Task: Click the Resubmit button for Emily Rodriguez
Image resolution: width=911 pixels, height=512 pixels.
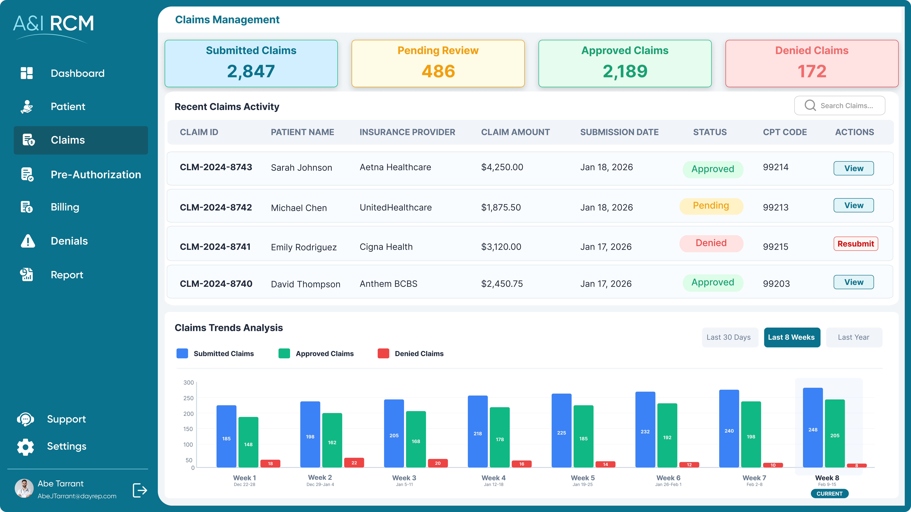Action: pos(855,244)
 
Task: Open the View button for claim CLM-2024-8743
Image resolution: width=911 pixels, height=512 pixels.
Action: pos(853,169)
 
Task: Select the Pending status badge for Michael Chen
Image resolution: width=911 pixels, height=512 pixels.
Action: pos(711,206)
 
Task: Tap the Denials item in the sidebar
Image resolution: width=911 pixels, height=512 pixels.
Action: pos(69,241)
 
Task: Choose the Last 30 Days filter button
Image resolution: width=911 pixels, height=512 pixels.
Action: pos(729,337)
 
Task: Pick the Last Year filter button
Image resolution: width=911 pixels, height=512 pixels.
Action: pos(853,337)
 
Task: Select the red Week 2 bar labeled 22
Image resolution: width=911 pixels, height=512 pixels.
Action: pos(354,463)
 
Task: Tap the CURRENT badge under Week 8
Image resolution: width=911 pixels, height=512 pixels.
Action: pos(829,494)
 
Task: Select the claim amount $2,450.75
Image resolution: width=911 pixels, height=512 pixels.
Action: pos(502,284)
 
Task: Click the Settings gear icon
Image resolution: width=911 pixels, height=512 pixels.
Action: pos(26,447)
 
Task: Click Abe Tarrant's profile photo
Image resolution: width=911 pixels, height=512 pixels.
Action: pos(24,488)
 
